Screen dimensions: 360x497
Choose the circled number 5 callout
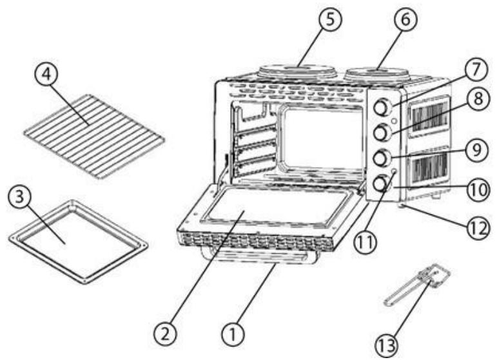click(329, 20)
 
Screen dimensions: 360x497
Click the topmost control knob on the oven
click(382, 106)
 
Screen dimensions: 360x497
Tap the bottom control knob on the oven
click(381, 184)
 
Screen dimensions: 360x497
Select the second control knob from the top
click(382, 131)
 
